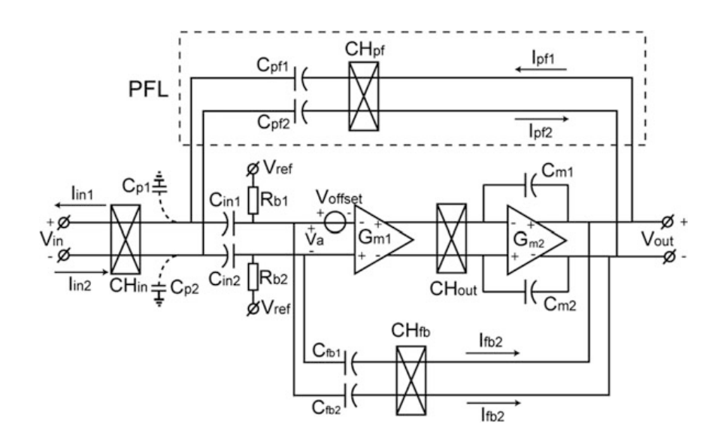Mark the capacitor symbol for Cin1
pos(236,223)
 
